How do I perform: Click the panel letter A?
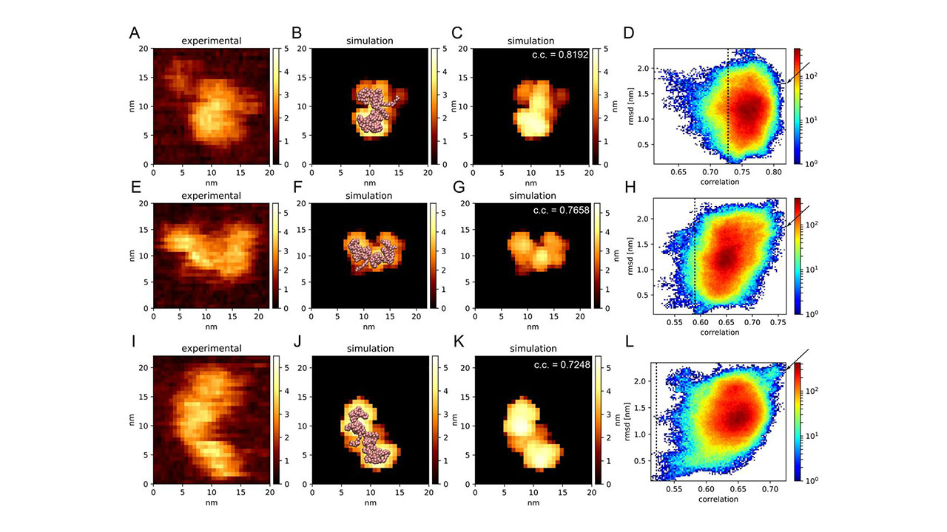pos(135,33)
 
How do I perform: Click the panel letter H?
pos(630,187)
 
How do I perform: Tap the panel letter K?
pos(458,341)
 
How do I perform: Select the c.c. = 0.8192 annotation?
pos(560,55)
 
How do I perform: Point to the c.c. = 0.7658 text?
pos(561,210)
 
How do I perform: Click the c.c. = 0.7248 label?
pos(562,364)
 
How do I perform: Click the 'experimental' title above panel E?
pos(212,196)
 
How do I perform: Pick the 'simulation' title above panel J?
pos(371,348)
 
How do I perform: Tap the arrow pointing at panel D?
pos(798,72)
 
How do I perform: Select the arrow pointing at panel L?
pos(798,359)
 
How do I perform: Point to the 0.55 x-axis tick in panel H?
pos(674,322)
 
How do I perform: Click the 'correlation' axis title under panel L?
pos(718,499)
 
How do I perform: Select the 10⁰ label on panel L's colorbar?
pos(812,480)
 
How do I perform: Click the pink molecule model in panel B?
pos(374,111)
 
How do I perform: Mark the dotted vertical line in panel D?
pos(728,106)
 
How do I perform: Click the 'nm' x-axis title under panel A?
pos(212,183)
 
